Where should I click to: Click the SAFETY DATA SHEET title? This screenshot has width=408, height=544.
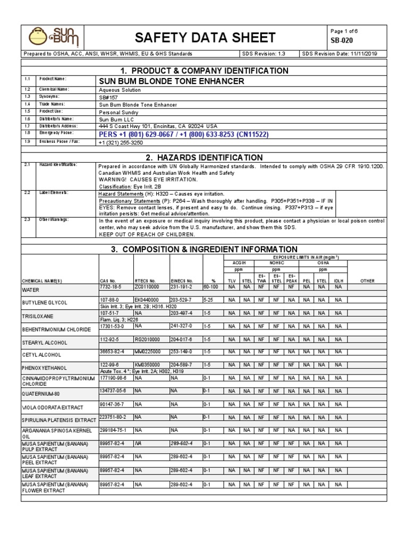(205, 37)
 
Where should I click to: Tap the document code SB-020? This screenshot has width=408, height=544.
(342, 41)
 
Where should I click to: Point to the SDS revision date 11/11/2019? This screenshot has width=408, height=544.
(365, 54)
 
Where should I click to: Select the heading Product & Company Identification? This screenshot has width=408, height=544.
(205, 71)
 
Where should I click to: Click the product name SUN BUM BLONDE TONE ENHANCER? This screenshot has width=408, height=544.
(172, 81)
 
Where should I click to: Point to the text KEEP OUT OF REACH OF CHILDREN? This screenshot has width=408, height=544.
(146, 234)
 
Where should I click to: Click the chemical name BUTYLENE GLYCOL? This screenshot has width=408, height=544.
(44, 302)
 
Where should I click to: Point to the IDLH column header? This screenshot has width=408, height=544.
(338, 280)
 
